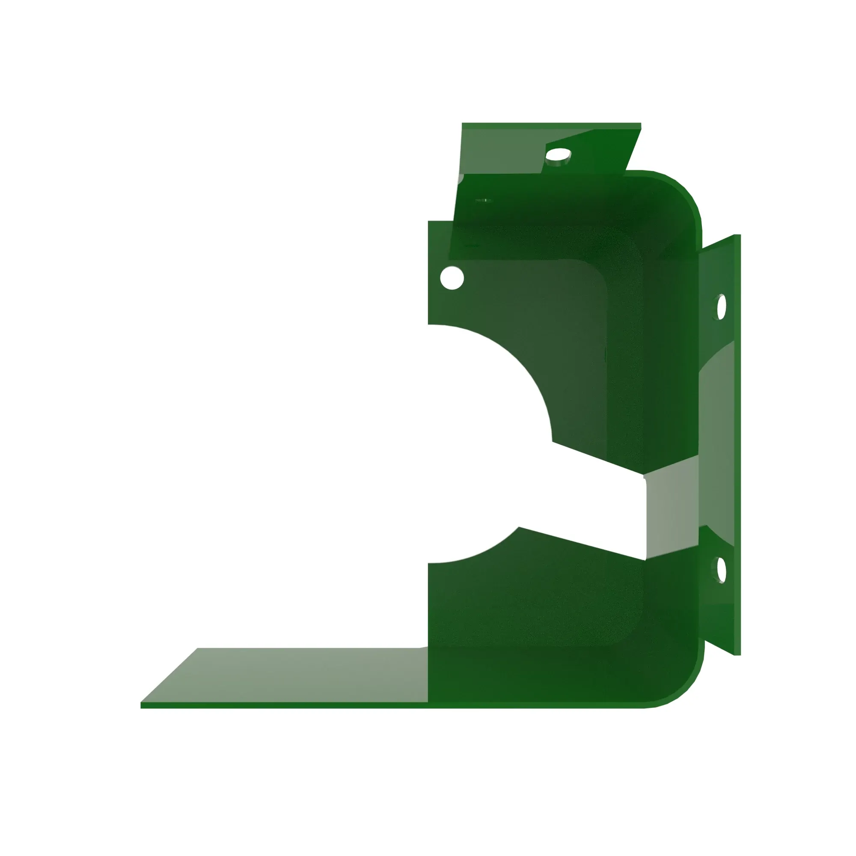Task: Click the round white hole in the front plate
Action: [452, 278]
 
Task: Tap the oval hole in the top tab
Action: [558, 155]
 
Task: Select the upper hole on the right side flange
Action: [721, 306]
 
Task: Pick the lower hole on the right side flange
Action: [721, 569]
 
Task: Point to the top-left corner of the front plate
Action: [429, 222]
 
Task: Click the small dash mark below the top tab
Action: [483, 201]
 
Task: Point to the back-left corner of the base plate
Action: [198, 649]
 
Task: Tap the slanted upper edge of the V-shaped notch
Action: [598, 458]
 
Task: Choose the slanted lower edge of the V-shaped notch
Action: [580, 543]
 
